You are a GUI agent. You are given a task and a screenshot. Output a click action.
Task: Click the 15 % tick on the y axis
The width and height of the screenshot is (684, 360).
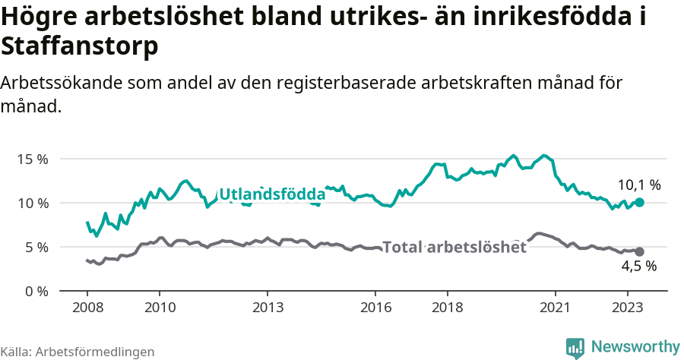coord(33,159)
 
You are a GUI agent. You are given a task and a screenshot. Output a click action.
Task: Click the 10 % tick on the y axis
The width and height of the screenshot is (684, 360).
coord(33,204)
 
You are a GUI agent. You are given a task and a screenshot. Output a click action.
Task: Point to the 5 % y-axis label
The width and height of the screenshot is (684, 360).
coord(36,248)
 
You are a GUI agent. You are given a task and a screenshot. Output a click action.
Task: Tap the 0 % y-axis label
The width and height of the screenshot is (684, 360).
coord(36,292)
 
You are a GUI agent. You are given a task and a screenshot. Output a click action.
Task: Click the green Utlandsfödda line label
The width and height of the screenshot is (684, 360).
coord(271,195)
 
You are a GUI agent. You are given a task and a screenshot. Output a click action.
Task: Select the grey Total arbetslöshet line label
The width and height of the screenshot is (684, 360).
coord(454,247)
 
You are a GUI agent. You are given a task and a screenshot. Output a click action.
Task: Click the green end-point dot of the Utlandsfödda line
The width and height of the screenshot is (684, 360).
coord(640,203)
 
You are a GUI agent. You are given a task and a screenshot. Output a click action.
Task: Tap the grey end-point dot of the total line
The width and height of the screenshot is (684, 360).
coord(640,251)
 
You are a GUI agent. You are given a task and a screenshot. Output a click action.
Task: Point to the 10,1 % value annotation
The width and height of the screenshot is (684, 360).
coord(638,185)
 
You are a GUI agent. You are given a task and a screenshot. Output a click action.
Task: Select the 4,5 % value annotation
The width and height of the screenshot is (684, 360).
coord(638,267)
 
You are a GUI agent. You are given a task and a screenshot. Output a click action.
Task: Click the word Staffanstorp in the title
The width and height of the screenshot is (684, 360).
coord(80,46)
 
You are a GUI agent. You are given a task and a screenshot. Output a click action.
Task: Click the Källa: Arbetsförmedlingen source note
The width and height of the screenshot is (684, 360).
coord(78,352)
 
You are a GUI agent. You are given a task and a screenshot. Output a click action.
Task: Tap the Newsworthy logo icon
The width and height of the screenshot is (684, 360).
coord(575,347)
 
